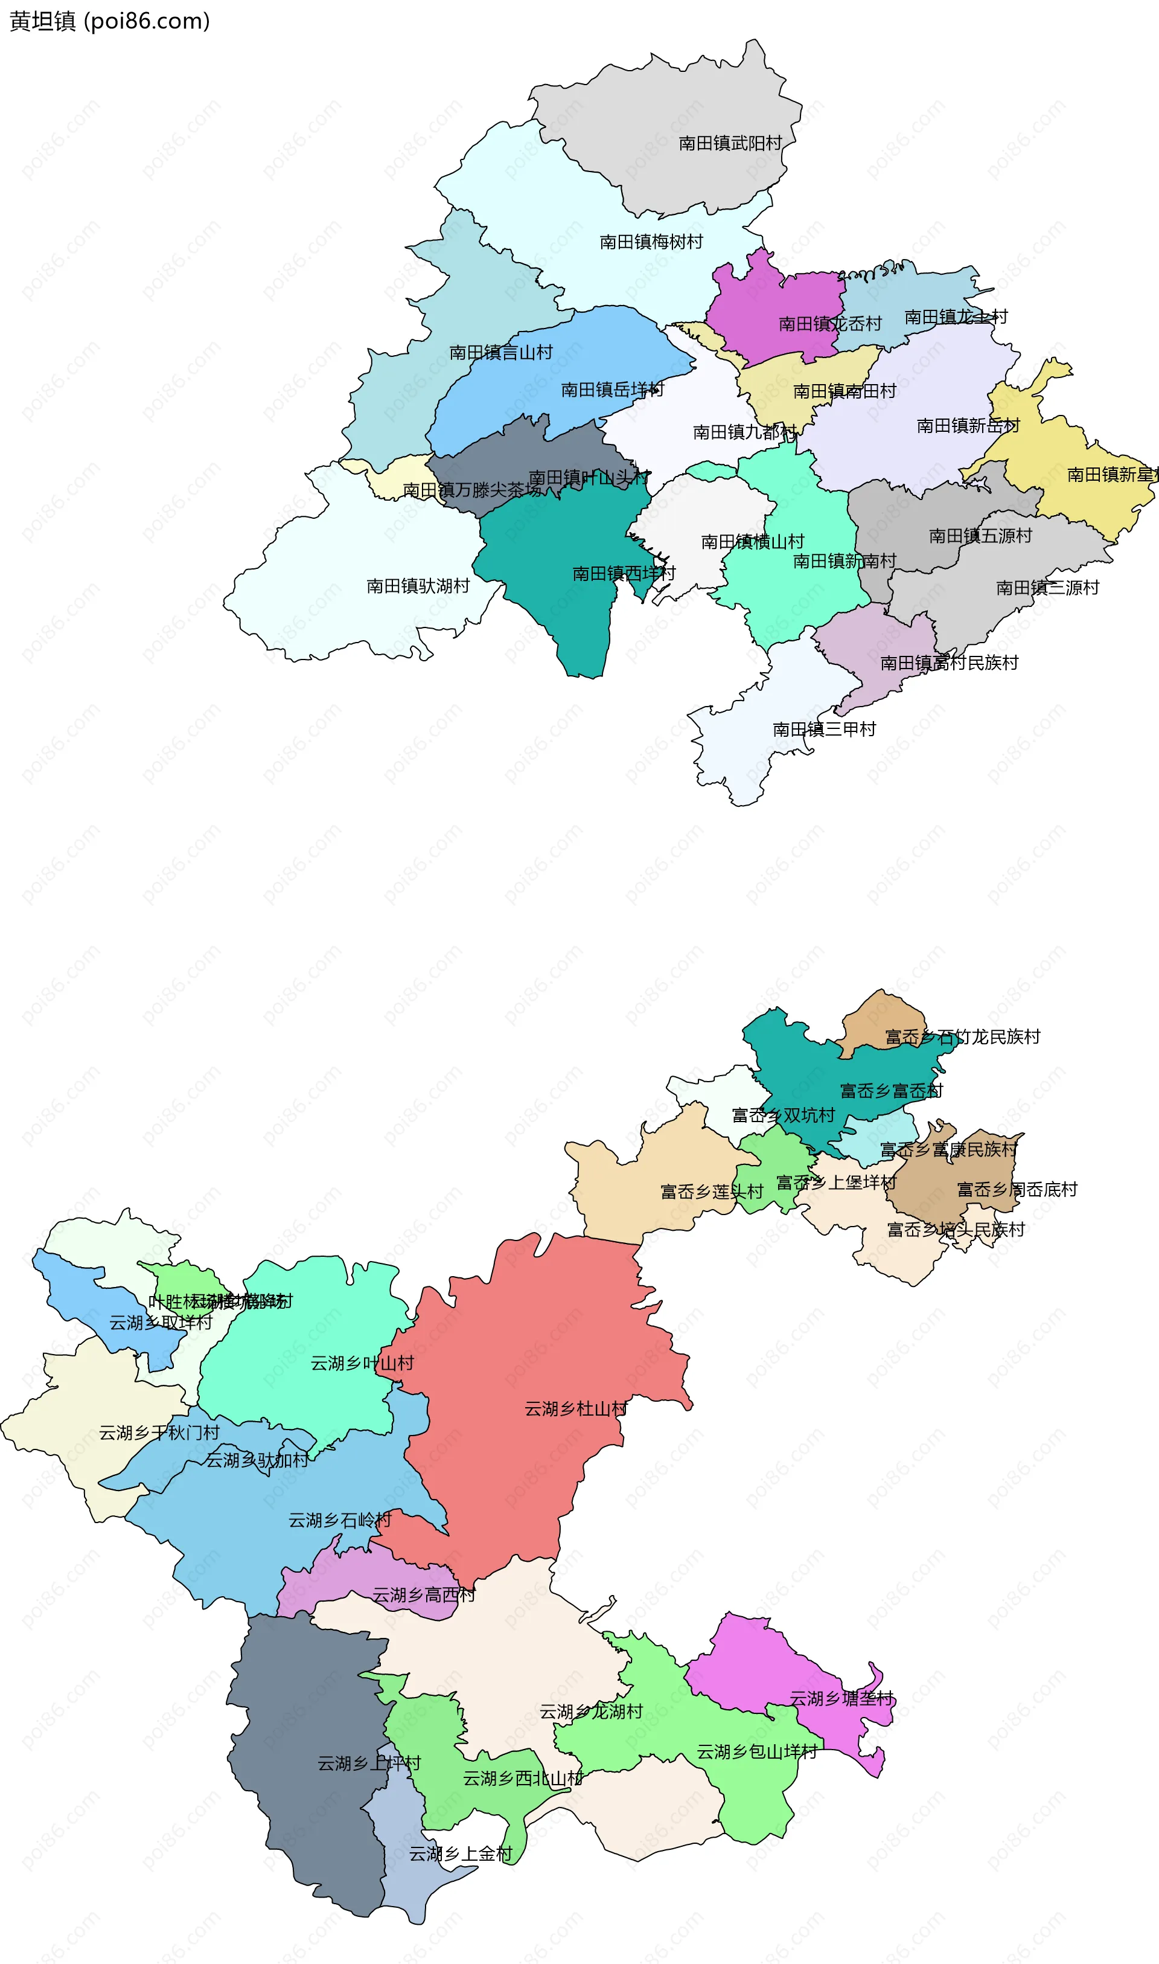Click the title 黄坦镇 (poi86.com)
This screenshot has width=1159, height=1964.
coord(109,21)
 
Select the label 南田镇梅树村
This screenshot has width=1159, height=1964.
coord(651,242)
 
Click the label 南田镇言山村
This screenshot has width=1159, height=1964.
coord(500,352)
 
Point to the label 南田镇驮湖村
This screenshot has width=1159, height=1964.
coord(418,586)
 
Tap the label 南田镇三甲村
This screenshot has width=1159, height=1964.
coord(824,729)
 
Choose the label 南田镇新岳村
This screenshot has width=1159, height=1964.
coord(968,426)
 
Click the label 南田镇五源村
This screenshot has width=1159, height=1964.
coord(980,536)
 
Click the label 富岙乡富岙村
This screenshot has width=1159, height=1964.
coord(891,1091)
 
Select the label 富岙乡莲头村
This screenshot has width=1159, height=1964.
coord(712,1192)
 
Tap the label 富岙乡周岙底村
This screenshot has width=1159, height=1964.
coord(1017,1189)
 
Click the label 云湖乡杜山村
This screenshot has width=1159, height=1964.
coord(576,1408)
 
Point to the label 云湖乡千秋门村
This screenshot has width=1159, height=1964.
coord(159,1433)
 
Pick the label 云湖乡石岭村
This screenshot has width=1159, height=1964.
coord(340,1520)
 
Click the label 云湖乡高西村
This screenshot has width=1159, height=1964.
coord(423,1594)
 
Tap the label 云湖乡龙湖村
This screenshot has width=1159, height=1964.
coord(591,1712)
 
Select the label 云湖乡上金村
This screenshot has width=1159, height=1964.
coord(461,1854)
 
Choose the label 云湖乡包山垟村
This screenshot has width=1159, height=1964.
coord(757,1751)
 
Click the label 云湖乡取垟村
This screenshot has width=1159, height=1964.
coord(161,1323)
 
